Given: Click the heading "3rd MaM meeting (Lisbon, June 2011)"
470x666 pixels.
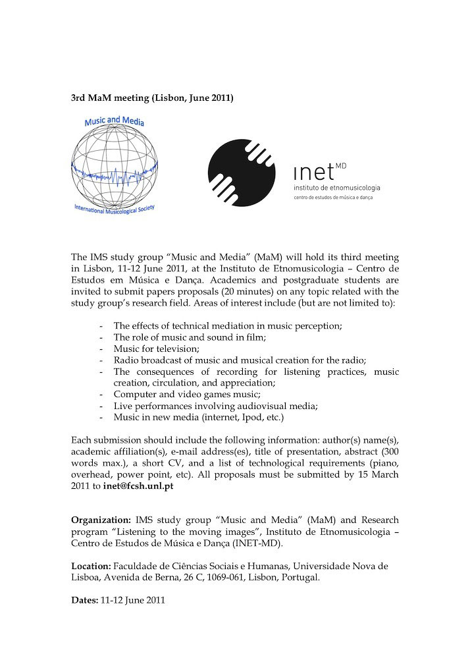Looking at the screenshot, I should (152, 98).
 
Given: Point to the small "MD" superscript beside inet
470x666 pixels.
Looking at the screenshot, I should (340, 165).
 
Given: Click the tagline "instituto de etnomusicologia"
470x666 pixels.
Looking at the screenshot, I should (336, 188).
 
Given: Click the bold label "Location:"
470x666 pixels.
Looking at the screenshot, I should (91, 565).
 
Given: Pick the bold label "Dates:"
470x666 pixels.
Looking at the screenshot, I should (84, 600).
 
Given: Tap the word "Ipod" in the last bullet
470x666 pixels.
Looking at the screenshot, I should (250, 417).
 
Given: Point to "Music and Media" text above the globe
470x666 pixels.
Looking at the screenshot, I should (115, 122).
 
